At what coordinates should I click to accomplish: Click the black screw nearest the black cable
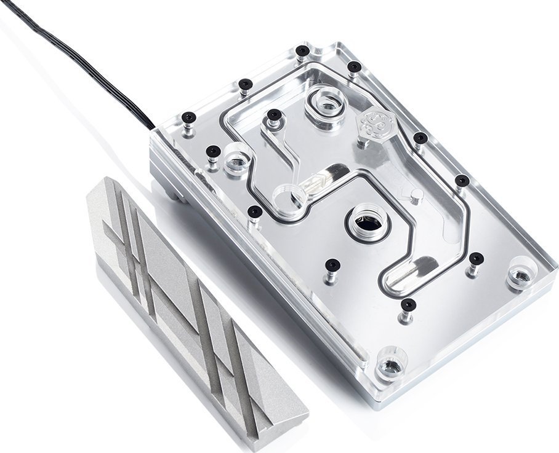[x=188, y=117]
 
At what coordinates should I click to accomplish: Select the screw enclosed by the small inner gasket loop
[x=273, y=114]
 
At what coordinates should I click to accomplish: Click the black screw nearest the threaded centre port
[x=332, y=265]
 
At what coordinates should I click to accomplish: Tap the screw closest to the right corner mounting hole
[x=476, y=258]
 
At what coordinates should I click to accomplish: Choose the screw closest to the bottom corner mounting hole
[x=408, y=304]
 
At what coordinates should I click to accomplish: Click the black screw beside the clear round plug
[x=213, y=151]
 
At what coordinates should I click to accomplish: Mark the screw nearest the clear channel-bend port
[x=255, y=212]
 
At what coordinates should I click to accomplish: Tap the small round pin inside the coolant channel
[x=417, y=195]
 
